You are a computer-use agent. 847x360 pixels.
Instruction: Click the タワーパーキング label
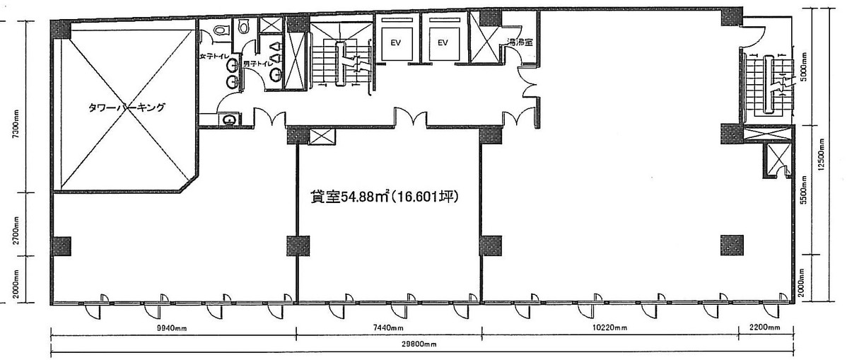point(127,108)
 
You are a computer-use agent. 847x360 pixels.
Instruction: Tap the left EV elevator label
point(396,42)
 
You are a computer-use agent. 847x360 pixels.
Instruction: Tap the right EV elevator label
point(443,42)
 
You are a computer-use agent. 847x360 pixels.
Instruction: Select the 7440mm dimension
point(388,328)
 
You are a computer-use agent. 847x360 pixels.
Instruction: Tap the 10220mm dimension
point(609,328)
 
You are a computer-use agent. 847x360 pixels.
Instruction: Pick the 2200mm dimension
point(765,328)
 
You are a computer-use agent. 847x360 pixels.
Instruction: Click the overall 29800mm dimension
point(421,344)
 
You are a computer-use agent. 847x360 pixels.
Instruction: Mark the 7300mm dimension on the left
point(16,124)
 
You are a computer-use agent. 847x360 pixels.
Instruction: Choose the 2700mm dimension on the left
point(16,231)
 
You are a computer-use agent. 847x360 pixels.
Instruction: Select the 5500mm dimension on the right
point(804,190)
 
